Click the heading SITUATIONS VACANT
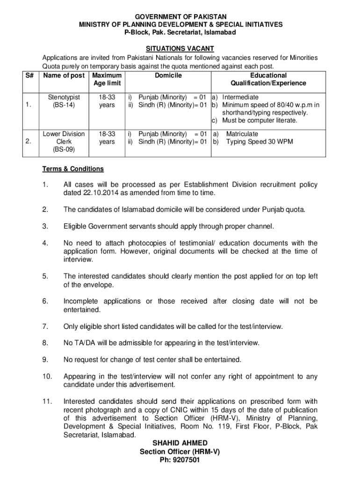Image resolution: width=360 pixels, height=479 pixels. click(180, 48)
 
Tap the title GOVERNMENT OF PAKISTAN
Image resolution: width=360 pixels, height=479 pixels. click(180, 16)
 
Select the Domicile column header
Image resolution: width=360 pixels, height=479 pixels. click(168, 75)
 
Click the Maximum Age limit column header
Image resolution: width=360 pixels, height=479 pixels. click(107, 79)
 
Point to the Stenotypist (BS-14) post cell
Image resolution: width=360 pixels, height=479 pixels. click(64, 101)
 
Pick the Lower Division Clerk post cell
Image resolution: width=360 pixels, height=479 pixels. click(64, 142)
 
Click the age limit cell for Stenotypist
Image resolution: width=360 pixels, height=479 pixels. click(107, 101)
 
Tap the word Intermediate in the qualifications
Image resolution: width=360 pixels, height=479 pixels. click(241, 97)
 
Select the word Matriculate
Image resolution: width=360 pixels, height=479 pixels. click(242, 134)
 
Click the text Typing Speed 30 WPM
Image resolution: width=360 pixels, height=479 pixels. click(259, 141)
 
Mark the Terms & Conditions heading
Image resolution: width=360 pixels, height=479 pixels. click(73, 169)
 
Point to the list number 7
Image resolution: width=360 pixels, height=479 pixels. click(44, 326)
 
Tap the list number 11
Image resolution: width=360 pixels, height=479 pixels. click(46, 401)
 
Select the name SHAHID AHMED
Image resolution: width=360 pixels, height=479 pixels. click(180, 443)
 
